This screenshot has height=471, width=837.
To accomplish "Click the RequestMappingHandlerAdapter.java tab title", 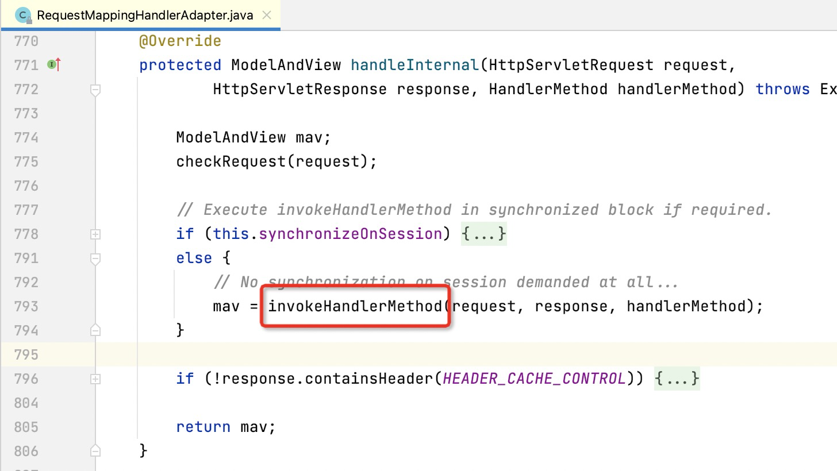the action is click(x=144, y=15).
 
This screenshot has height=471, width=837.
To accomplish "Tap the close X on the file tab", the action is click(x=267, y=15).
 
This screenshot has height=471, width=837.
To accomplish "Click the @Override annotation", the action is click(x=180, y=41).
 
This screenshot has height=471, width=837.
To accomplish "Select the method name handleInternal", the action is click(x=415, y=65).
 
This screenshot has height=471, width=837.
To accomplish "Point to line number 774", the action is click(x=26, y=137).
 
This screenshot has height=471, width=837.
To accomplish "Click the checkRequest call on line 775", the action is click(x=231, y=161).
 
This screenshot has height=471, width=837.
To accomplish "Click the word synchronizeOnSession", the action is click(x=350, y=234).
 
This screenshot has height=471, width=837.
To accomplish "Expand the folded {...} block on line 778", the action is click(x=483, y=234).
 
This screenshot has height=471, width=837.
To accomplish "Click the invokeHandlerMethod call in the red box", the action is click(x=355, y=306).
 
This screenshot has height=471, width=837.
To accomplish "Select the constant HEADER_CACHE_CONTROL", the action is click(x=534, y=379).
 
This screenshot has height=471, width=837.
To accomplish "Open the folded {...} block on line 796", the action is click(x=677, y=379).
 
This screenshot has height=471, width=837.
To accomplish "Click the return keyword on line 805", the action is click(x=203, y=427).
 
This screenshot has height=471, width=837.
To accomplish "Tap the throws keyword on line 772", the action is click(x=782, y=89).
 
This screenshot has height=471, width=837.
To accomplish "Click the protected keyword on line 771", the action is click(x=180, y=65).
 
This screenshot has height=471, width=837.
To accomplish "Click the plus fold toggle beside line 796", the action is click(x=95, y=379).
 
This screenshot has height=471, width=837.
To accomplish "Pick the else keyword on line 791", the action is click(x=194, y=258).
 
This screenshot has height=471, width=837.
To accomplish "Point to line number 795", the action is click(x=26, y=354).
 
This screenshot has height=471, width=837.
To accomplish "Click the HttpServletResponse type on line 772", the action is click(x=300, y=89).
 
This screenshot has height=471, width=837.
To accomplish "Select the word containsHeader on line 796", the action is click(x=368, y=379).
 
